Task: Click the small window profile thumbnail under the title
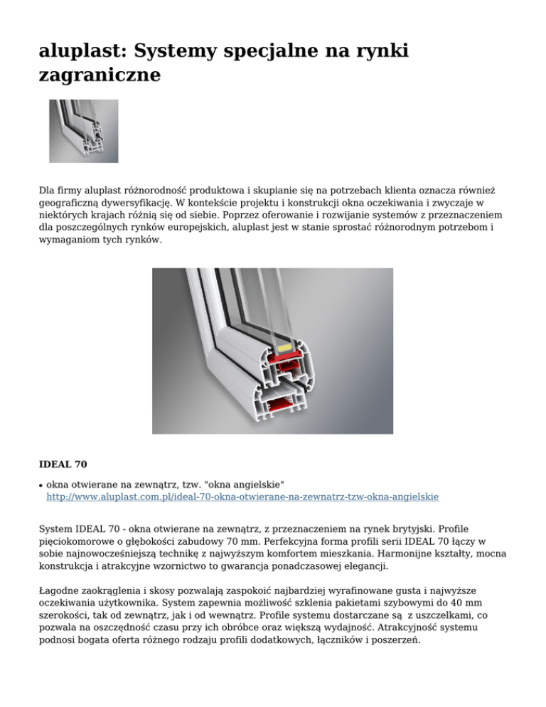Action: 83,131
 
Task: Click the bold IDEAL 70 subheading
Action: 63,464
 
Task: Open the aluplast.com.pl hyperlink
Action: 242,496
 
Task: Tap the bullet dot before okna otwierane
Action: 41,484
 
